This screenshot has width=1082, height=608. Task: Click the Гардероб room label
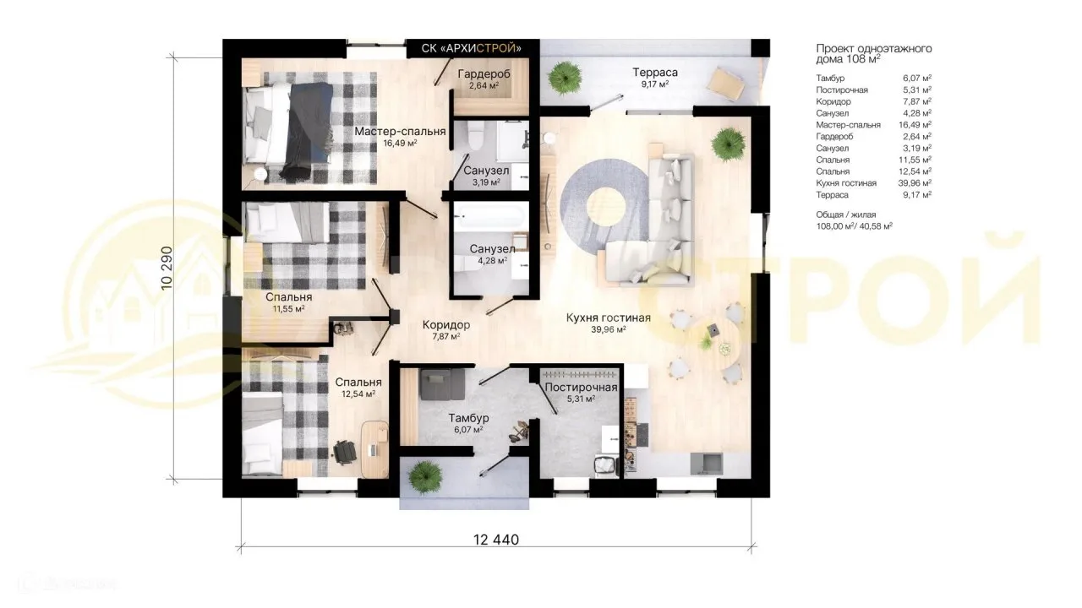484,73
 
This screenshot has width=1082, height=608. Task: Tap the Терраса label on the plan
655,73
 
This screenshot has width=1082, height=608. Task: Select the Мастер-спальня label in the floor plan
400,131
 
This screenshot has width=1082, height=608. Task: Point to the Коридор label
445,325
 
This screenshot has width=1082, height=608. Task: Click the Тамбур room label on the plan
468,418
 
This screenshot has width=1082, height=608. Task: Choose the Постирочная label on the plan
581,387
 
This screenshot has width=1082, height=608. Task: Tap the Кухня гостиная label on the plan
608,318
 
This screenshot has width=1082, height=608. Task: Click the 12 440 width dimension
496,540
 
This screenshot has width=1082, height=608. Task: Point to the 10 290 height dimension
167,269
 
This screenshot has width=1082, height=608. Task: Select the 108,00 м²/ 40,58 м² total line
854,225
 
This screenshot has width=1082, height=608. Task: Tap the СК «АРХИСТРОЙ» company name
472,48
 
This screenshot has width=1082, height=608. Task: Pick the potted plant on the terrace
564,77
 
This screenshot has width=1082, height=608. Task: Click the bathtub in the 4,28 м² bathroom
490,216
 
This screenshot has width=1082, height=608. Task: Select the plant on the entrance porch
425,477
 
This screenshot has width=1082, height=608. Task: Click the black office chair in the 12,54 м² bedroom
345,452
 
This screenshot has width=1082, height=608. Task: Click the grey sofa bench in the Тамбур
442,384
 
